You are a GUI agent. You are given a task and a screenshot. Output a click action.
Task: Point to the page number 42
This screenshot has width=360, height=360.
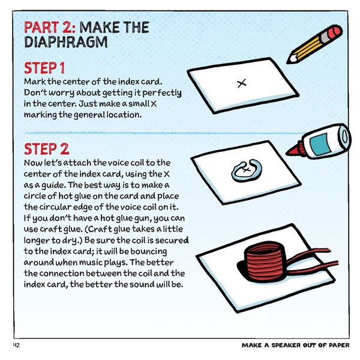(16, 346)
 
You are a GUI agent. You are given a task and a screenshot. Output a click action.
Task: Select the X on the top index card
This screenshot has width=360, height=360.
(241, 84)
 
